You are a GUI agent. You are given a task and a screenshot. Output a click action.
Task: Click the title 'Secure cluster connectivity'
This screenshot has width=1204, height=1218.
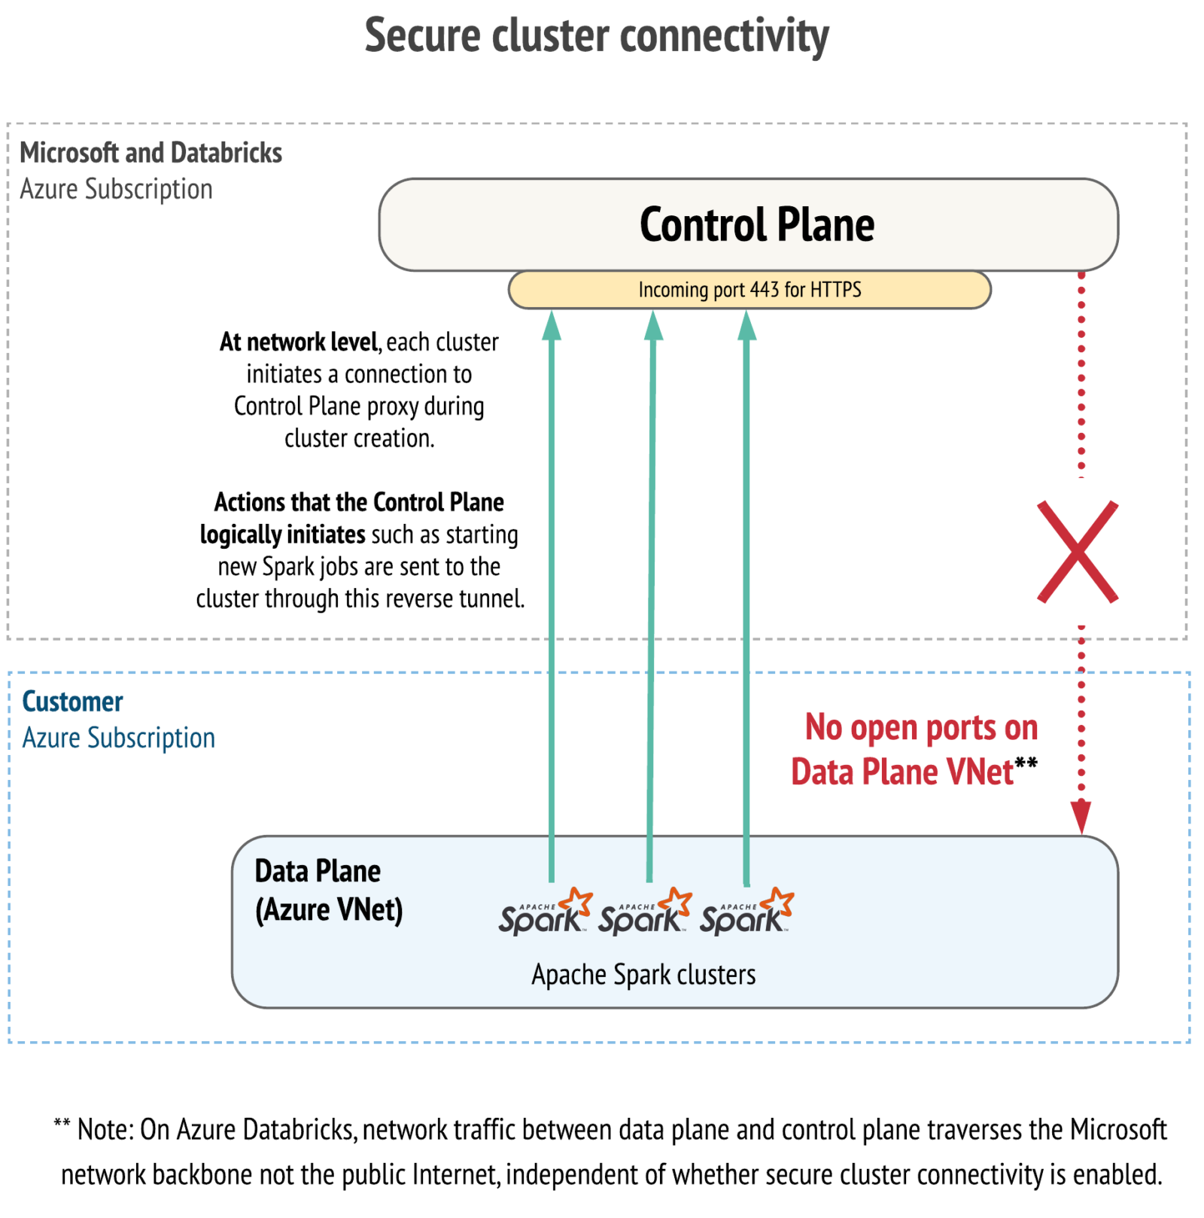tap(596, 36)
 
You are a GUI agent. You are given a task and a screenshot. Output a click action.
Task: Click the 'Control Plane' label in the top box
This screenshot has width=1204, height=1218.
tap(756, 225)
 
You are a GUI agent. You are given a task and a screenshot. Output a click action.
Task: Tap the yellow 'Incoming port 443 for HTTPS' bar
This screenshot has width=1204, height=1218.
tap(749, 290)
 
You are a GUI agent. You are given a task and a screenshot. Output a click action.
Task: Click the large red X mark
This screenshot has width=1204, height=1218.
tap(1077, 552)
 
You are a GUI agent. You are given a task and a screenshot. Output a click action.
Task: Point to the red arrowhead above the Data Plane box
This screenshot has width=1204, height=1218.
tap(1081, 816)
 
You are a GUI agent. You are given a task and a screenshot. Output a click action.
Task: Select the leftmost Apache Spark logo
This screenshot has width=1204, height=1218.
tap(544, 913)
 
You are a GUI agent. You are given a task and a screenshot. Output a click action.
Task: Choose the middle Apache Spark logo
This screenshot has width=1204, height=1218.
tap(644, 913)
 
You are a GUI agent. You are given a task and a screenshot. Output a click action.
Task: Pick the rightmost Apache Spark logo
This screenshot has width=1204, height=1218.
tap(746, 913)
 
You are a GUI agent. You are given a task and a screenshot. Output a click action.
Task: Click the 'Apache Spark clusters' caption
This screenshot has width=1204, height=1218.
tap(643, 975)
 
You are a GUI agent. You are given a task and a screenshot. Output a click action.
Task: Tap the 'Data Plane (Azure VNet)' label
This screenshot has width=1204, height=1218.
tap(328, 891)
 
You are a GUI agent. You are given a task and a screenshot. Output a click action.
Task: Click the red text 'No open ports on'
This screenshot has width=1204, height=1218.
tap(921, 728)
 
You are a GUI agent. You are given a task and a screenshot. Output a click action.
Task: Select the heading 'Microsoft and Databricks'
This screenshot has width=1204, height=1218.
tap(150, 153)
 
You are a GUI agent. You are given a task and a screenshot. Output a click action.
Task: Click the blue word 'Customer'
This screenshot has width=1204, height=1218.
tap(72, 702)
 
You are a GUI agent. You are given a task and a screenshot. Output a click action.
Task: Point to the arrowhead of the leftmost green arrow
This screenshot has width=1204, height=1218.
tap(552, 327)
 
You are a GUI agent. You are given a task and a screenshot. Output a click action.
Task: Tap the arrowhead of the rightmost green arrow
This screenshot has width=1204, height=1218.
tap(746, 327)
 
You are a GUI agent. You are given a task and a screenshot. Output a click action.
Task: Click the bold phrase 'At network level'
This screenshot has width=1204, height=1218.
tap(298, 343)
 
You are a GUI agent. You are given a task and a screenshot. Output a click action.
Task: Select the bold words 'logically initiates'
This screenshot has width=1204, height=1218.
tap(282, 534)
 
